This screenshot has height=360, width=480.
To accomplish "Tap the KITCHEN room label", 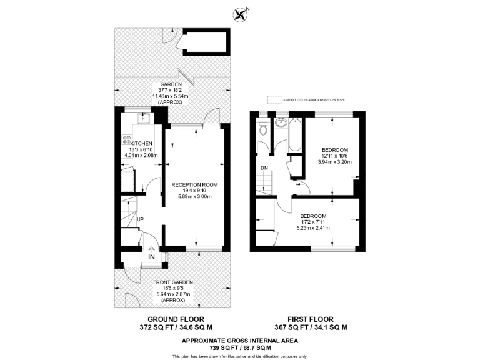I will [141, 143].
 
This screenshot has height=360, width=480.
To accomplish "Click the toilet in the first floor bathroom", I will [263, 129].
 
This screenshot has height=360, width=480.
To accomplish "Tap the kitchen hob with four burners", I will [126, 142].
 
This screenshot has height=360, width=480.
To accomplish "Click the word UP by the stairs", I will [141, 220].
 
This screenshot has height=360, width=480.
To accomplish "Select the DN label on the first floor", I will [264, 168].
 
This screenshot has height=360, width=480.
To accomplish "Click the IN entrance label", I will [151, 257].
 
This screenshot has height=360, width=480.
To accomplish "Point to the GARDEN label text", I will [171, 84].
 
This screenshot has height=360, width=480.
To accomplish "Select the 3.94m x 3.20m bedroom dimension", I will [335, 161].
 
